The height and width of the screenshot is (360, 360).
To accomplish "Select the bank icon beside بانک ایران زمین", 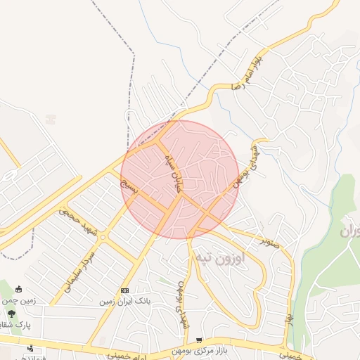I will [x=125, y=290].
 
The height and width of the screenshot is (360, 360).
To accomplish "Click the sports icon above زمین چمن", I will [x=18, y=289].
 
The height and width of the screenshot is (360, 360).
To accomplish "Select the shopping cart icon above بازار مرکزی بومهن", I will [x=200, y=340].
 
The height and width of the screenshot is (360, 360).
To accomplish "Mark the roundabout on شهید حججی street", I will [x=103, y=238].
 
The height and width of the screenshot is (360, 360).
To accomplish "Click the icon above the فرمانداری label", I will [x=30, y=348].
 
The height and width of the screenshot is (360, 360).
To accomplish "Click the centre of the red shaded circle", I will [x=180, y=179].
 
